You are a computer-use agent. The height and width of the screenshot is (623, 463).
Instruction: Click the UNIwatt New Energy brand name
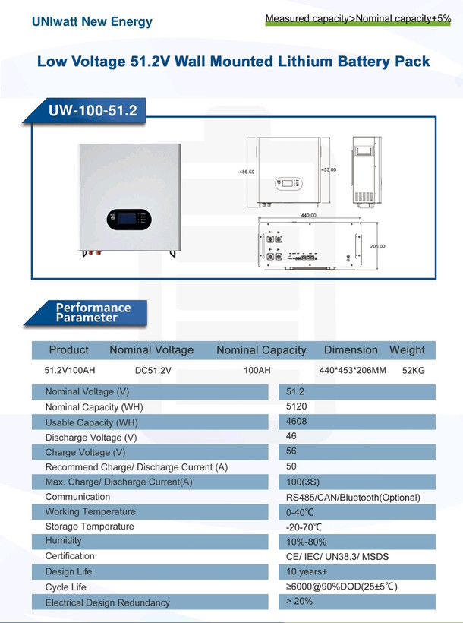pos(92,21)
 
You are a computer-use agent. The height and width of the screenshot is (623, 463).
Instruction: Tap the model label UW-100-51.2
pos(93,110)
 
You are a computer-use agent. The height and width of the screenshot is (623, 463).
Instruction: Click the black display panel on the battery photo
pos(129,220)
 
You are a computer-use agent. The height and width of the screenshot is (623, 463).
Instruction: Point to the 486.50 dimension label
pos(247,172)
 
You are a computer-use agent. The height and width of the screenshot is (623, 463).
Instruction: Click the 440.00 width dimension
pos(308,215)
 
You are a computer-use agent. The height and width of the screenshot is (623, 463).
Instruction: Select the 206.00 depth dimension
pos(378,246)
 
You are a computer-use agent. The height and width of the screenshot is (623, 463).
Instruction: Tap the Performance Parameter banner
pos(93,313)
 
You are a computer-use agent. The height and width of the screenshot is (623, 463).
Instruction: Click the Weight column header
pos(407,350)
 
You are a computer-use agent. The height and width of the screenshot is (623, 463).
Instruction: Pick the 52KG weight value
pos(414,370)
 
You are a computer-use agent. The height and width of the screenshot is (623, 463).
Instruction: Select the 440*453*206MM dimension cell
pos(353,370)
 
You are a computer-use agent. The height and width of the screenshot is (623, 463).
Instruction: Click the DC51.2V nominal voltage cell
pos(153,370)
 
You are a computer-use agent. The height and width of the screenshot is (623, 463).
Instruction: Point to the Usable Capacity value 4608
pos(296,421)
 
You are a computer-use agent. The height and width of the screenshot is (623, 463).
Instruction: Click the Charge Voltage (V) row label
pos(85,453)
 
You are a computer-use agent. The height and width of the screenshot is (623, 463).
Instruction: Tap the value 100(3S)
pos(303,482)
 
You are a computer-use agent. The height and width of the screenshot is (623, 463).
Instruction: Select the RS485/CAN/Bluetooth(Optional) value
pos(353,498)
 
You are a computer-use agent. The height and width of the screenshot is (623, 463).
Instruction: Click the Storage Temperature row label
pos(90,527)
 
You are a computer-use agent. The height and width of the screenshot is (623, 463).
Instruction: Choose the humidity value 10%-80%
pos(306,542)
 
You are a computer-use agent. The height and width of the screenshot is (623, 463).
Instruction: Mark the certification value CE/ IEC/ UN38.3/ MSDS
pos(337,557)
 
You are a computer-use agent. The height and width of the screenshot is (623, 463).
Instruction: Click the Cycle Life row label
pos(65,587)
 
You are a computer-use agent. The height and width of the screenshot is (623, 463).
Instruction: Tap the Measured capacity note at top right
pos(358,18)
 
